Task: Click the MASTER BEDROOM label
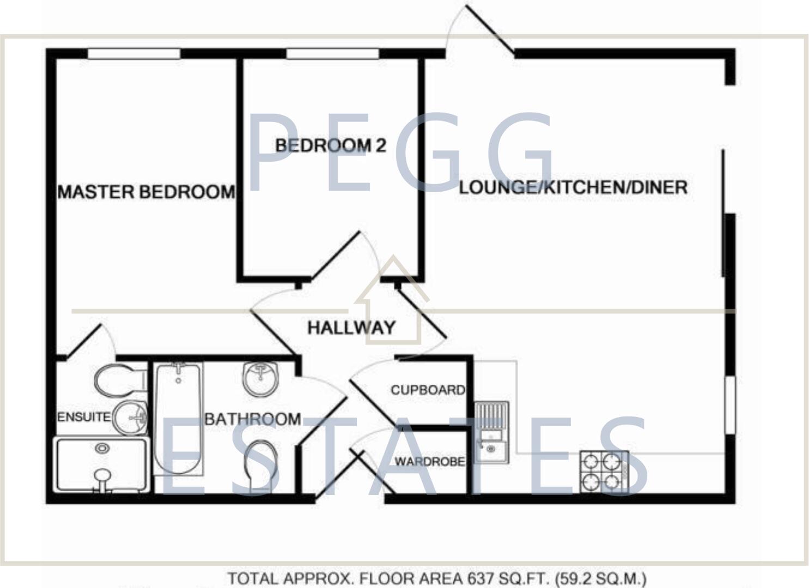146,192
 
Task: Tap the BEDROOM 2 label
330,145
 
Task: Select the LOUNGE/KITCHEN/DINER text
573,187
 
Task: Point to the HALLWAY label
351,328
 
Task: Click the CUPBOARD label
428,390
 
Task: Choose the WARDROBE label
429,462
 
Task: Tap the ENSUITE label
83,417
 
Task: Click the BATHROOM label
252,419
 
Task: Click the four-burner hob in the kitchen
604,471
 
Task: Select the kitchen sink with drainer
491,433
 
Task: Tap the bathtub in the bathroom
178,417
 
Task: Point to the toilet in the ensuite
120,379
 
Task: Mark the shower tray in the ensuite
102,464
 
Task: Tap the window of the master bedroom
134,53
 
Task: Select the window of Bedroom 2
332,53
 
